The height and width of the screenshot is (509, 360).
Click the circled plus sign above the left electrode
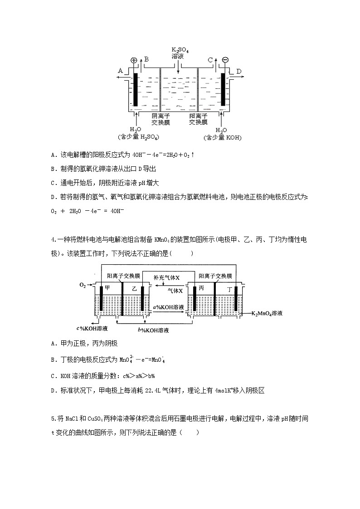(x=134, y=60)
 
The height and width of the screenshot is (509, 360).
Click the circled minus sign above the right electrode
(x=225, y=60)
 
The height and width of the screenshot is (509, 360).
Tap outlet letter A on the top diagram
(x=120, y=71)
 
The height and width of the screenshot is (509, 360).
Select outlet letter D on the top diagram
(x=238, y=71)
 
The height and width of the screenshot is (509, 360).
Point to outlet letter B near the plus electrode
(x=146, y=59)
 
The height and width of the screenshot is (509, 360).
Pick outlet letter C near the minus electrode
(x=210, y=60)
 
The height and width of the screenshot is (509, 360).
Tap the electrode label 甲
(x=107, y=288)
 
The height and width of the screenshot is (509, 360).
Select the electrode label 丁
(x=230, y=289)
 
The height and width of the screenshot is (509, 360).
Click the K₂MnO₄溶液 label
(x=267, y=313)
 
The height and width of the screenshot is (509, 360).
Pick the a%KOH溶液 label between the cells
(x=168, y=307)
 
